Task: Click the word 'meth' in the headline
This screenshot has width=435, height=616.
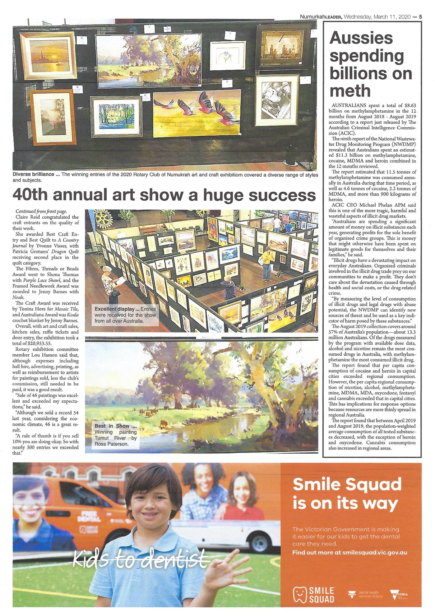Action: click(350, 91)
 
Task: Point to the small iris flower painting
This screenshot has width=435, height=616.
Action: click(228, 57)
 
